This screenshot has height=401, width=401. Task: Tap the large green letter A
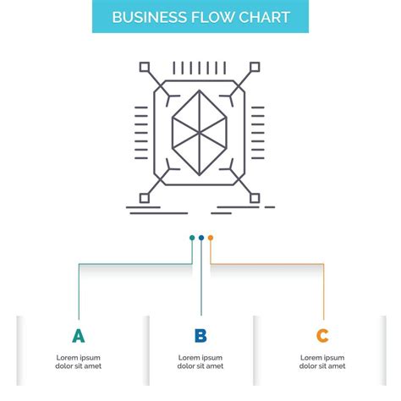pyautogui.click(x=79, y=336)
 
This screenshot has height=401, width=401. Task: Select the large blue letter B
pyautogui.click(x=200, y=336)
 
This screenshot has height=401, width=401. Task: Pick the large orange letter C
pyautogui.click(x=322, y=336)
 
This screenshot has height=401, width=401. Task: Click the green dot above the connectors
pyautogui.click(x=192, y=238)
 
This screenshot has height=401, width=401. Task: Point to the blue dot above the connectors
pyautogui.click(x=201, y=238)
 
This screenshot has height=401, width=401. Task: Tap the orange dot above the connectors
pyautogui.click(x=211, y=238)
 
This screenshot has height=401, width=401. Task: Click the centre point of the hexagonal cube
pyautogui.click(x=200, y=130)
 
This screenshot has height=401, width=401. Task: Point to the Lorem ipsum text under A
pyautogui.click(x=79, y=361)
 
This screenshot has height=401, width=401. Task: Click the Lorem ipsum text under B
pyautogui.click(x=200, y=361)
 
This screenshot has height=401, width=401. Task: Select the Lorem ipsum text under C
pyautogui.click(x=322, y=361)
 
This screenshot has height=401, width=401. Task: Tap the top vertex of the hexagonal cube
pyautogui.click(x=200, y=92)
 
